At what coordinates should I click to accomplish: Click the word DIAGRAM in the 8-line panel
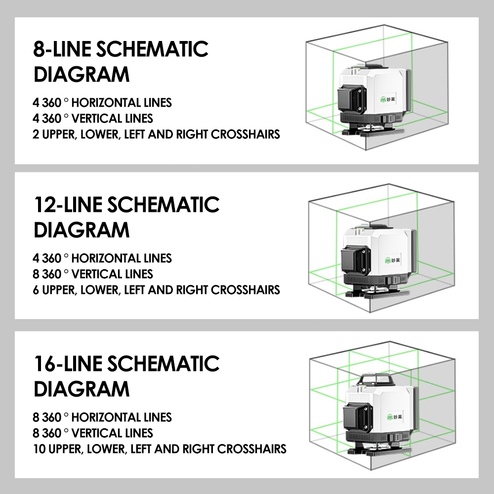tap(82, 75)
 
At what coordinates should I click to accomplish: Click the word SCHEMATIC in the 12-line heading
tap(164, 205)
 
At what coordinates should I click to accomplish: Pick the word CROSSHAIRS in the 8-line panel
tap(246, 134)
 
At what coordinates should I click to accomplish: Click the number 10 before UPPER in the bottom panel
tap(40, 449)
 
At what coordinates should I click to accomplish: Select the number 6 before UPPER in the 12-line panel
tap(36, 290)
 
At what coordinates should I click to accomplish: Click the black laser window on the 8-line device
tap(352, 100)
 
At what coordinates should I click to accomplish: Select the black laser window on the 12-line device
tap(355, 260)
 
